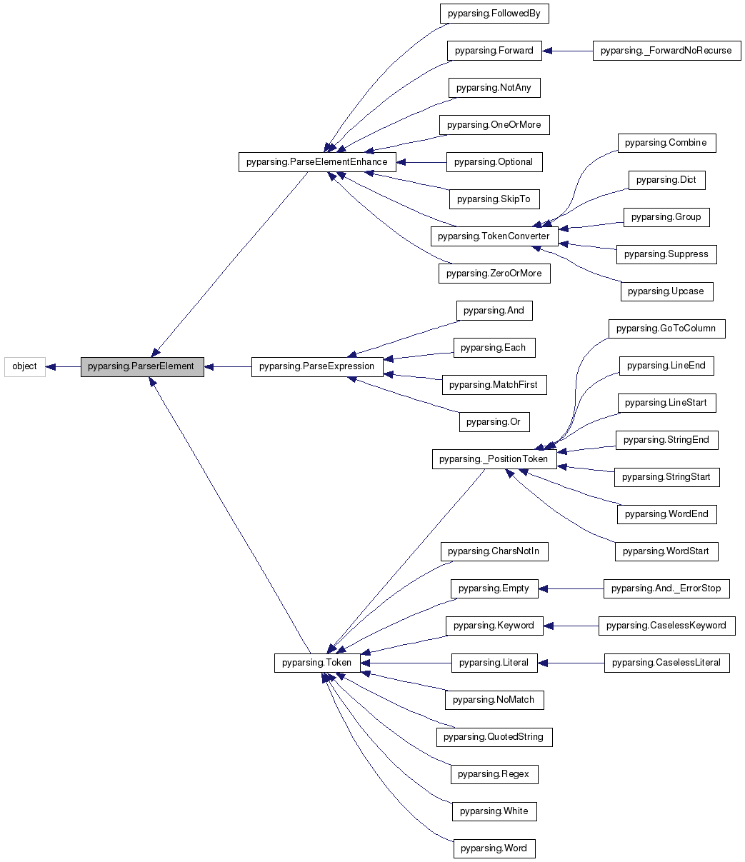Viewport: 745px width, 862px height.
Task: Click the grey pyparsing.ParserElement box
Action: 141,366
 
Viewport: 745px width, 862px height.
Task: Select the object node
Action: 25,366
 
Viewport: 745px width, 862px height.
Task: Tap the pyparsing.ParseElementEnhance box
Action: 316,162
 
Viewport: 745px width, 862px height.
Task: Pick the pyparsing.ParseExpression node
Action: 316,366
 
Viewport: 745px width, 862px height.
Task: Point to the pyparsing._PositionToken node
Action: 494,459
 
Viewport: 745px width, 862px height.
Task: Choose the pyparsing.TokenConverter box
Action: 494,236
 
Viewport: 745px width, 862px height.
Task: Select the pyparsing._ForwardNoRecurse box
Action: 666,51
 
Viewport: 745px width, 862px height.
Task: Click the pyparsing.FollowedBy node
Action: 494,14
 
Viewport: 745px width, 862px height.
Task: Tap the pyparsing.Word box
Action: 494,848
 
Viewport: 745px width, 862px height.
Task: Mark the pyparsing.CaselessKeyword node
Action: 666,626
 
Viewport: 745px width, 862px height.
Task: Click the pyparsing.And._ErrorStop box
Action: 666,588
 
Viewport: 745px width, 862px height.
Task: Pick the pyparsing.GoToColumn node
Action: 666,329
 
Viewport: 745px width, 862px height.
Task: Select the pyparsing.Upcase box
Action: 666,291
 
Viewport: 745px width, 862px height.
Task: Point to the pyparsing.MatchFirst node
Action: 494,385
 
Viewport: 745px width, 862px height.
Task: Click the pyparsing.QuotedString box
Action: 494,737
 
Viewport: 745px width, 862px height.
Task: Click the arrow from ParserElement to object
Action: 63,366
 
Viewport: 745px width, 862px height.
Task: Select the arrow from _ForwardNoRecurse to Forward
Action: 567,51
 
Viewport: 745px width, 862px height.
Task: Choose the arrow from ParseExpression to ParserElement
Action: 227,366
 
